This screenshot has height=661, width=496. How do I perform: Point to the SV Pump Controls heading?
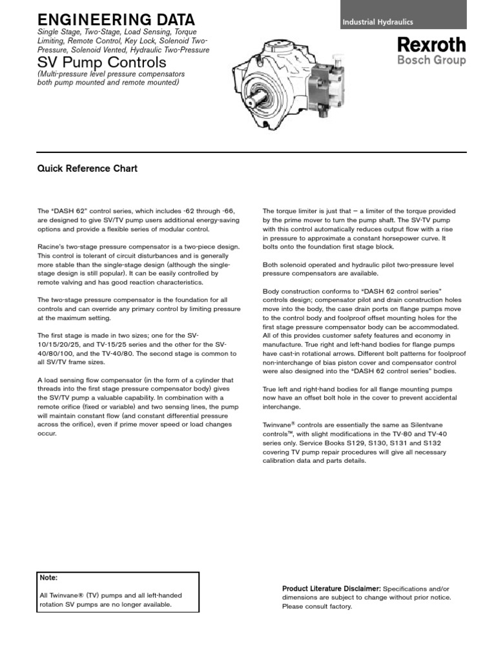coord(102,63)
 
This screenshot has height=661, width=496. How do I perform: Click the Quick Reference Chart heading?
coord(87,169)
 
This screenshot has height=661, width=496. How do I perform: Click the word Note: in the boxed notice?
coord(49,578)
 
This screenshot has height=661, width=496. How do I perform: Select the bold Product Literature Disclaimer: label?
coord(332,589)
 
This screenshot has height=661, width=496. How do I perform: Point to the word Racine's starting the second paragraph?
coord(51,247)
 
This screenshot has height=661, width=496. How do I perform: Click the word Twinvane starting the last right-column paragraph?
coord(276,425)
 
